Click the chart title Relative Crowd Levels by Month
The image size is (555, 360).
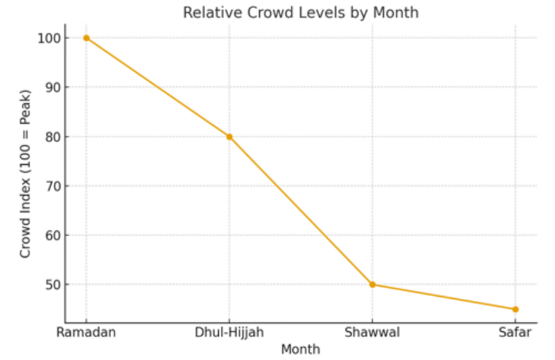pos(300,12)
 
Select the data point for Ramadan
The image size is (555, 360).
pos(86,37)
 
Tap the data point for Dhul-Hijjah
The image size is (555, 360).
pos(230,137)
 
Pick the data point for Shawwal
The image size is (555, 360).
pos(373,284)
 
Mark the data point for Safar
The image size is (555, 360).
pos(515,310)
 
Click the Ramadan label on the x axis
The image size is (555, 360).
pos(86,332)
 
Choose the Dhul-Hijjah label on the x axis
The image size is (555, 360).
pos(230,332)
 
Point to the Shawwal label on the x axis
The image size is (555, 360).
pos(373,332)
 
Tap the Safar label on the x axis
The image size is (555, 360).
pos(515,332)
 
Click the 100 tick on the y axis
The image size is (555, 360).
pos(49,37)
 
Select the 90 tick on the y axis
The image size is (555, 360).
pos(52,87)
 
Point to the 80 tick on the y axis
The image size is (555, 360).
pos(52,137)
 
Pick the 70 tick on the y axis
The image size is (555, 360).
pos(52,186)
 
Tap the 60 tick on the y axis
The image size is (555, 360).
pos(52,235)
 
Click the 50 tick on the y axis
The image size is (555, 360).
pos(52,284)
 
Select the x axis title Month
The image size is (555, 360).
pos(300,349)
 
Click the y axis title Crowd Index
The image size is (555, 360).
pos(25,174)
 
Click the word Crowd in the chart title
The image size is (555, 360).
pos(277,12)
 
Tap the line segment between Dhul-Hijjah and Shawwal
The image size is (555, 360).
pos(301,210)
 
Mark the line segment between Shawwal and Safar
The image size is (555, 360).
pos(444,297)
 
